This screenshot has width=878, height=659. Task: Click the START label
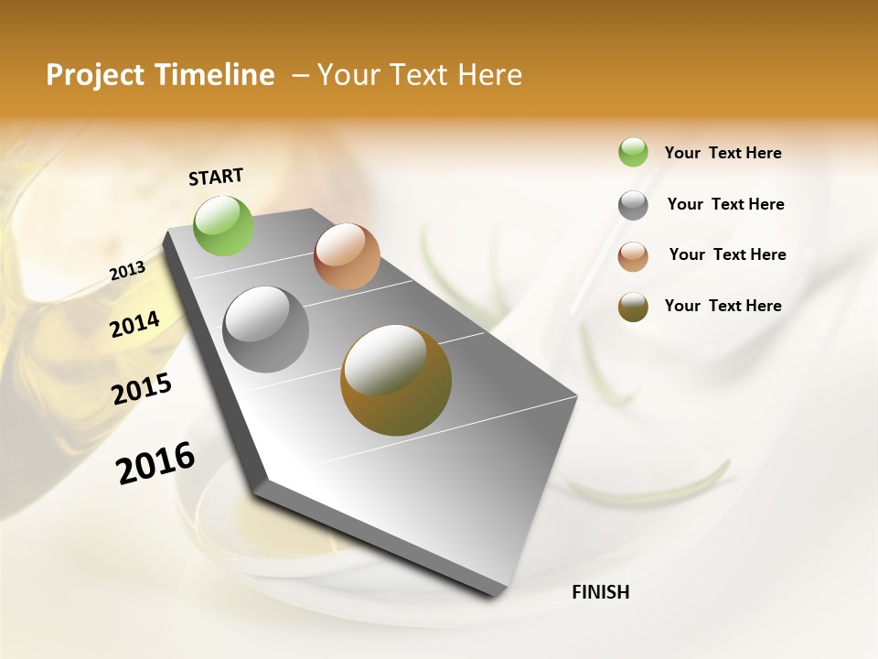pyautogui.click(x=216, y=176)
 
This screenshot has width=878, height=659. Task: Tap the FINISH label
pyautogui.click(x=600, y=592)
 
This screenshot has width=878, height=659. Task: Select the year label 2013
pyautogui.click(x=127, y=271)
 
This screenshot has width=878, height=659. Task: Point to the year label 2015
pyautogui.click(x=142, y=389)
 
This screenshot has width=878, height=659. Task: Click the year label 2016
pyautogui.click(x=155, y=463)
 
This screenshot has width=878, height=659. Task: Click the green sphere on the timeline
pyautogui.click(x=223, y=225)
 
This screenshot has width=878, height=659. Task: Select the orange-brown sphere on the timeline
pyautogui.click(x=347, y=256)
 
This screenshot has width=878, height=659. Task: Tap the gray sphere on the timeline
pyautogui.click(x=266, y=329)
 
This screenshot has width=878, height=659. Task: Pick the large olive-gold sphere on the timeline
pyautogui.click(x=396, y=380)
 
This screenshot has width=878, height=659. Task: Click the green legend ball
pyautogui.click(x=633, y=152)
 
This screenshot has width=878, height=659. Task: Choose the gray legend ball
pyautogui.click(x=633, y=205)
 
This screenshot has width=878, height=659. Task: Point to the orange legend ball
pyautogui.click(x=633, y=256)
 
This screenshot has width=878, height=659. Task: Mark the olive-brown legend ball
pyautogui.click(x=633, y=307)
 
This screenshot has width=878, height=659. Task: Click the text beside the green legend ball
pyautogui.click(x=723, y=153)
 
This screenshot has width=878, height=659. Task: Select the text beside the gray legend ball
pyautogui.click(x=725, y=204)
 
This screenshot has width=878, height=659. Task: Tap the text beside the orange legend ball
pyautogui.click(x=727, y=254)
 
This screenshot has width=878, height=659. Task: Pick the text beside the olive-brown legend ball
pyautogui.click(x=723, y=306)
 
